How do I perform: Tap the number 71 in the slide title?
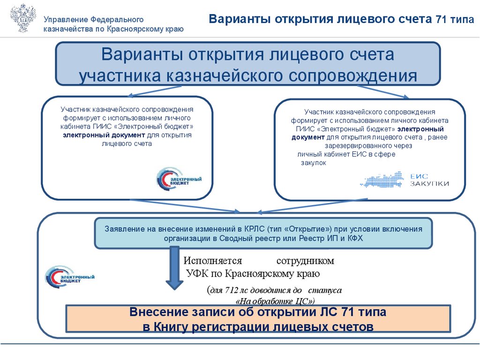(442, 20)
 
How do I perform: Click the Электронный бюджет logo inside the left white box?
(179, 179)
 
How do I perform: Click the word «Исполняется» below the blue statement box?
(212, 261)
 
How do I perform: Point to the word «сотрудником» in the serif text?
(305, 261)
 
